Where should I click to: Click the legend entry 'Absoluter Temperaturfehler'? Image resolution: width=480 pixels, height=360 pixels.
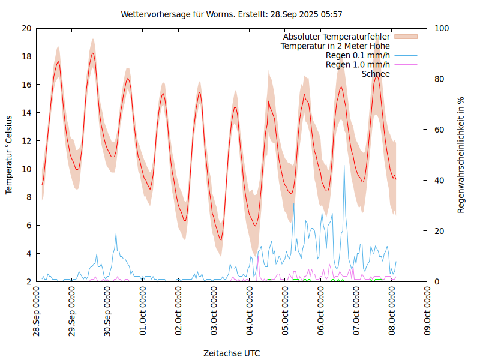coord(337,37)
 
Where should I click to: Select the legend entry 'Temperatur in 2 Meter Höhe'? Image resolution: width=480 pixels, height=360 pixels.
coord(335,46)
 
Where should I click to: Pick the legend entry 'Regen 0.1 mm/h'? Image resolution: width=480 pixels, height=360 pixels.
coord(358,55)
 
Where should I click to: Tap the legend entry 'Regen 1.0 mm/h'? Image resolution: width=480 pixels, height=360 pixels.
coord(358,64)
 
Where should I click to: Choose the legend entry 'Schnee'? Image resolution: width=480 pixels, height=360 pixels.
coord(376,74)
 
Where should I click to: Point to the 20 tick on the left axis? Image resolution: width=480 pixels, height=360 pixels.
coord(26,28)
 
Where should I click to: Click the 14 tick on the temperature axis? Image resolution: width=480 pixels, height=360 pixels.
coord(26,113)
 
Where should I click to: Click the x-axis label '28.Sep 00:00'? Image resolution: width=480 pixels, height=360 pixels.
coord(37,311)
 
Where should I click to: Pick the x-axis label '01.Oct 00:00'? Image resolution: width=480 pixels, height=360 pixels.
coord(143,311)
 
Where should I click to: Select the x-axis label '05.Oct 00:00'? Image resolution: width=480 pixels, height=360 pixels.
coord(285,311)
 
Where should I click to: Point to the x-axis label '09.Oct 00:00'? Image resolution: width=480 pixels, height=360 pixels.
coord(427,311)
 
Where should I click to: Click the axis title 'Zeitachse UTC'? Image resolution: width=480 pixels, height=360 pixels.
coord(232,353)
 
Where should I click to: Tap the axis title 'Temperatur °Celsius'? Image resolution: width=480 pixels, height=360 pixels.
coord(9,155)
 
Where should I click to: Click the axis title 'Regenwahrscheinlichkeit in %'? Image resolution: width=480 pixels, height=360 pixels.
coord(461,155)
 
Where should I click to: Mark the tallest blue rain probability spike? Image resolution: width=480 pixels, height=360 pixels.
coord(344,166)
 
